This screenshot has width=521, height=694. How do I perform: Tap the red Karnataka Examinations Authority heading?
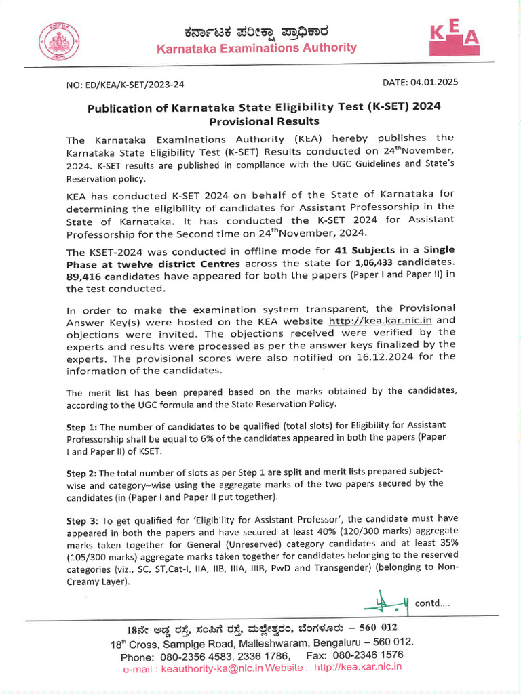[x=256, y=47]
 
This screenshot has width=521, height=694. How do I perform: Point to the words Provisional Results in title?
[x=264, y=121]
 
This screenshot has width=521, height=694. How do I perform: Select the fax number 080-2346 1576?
[x=369, y=655]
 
